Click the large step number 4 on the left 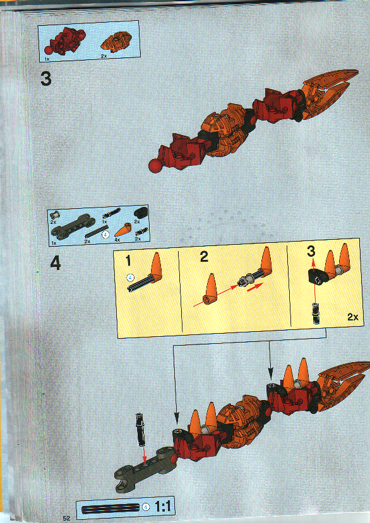point(56,264)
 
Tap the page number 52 point(66,517)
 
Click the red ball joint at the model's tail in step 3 point(153,166)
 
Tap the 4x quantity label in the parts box point(117,240)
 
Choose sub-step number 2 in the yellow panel point(203,256)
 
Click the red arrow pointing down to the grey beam point(145,451)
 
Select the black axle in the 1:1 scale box point(109,507)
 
